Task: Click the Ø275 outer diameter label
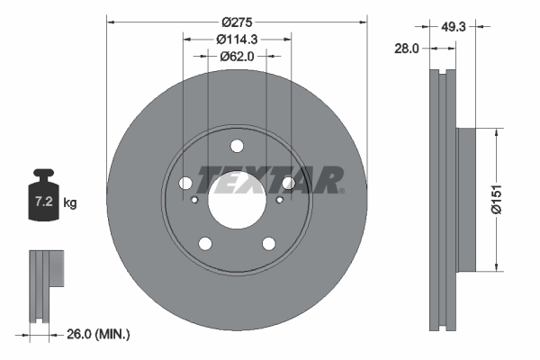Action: [238, 22]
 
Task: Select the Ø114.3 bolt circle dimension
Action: [238, 39]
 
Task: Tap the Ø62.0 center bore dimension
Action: [238, 56]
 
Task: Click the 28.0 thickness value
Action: [407, 49]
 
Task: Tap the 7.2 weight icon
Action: [44, 197]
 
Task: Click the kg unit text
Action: [70, 203]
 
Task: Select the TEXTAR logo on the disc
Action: [270, 179]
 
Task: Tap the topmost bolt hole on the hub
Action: [238, 147]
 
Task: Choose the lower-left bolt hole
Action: [206, 243]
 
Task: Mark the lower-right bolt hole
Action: [268, 243]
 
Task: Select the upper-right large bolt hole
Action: [288, 184]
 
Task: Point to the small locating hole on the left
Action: [195, 199]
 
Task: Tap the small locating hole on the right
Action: [279, 199]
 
